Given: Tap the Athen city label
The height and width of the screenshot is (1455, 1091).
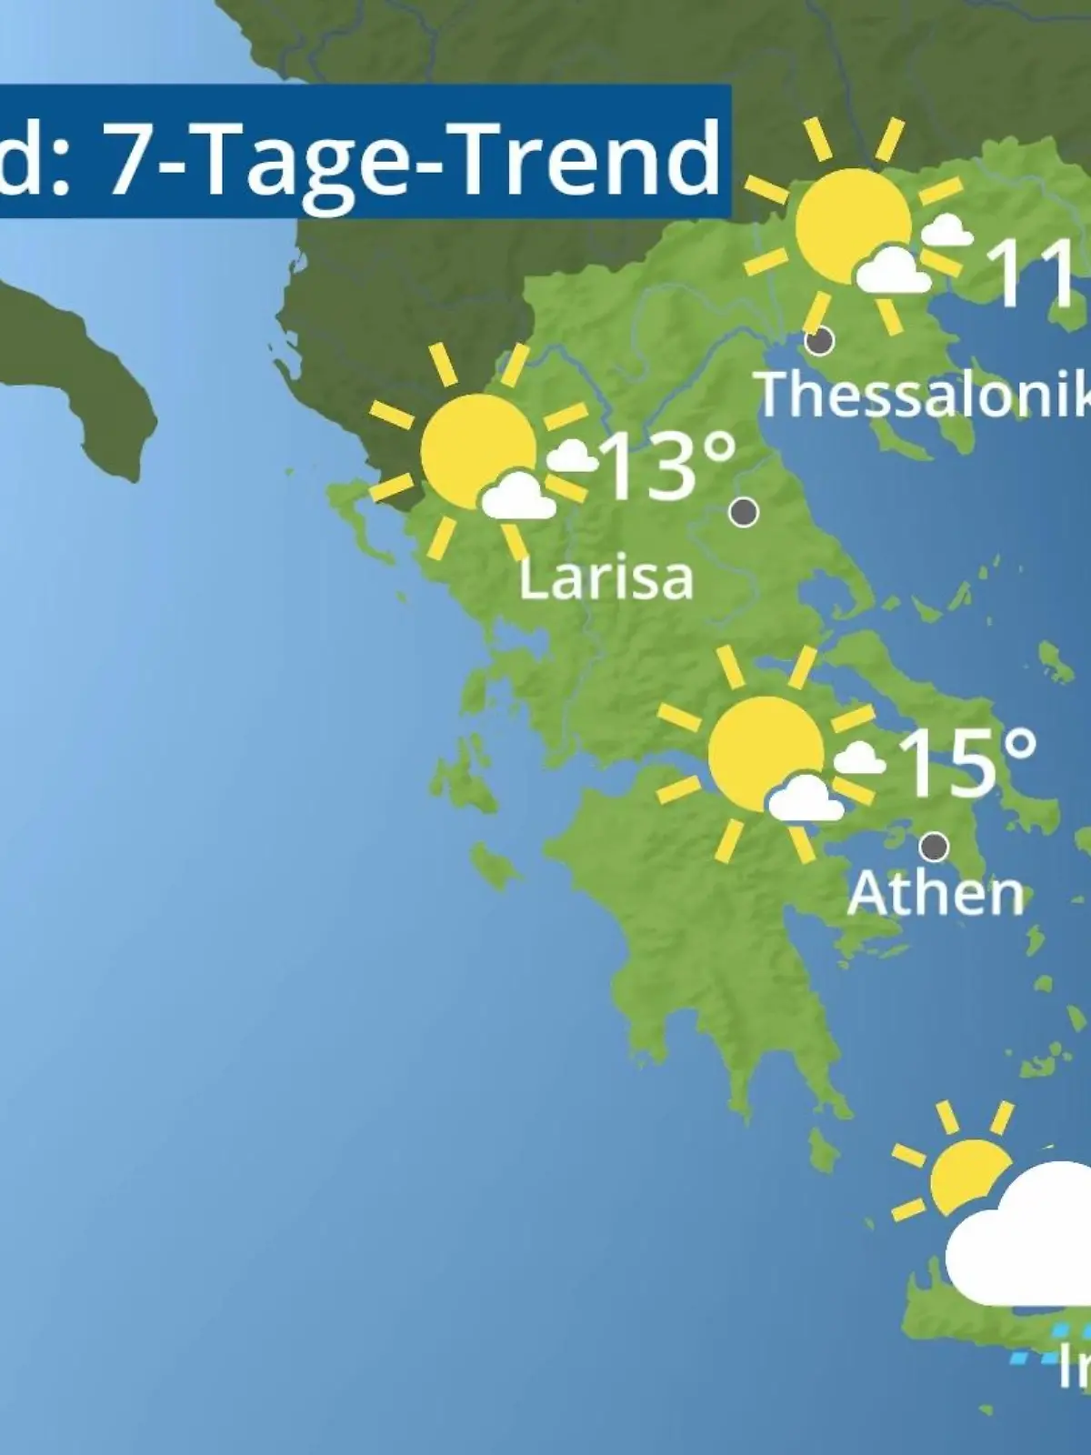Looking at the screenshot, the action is point(936,894).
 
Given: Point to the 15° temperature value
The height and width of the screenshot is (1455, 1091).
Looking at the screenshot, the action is point(966,761).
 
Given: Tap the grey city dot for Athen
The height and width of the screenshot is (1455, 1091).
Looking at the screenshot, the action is point(934,847).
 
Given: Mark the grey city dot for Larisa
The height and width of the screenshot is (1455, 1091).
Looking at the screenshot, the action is point(744,512).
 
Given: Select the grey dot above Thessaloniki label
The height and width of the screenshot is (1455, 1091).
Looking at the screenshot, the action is point(820,341).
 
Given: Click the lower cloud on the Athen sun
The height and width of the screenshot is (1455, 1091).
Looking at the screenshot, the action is point(804,799).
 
